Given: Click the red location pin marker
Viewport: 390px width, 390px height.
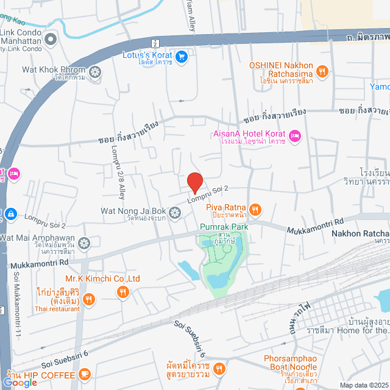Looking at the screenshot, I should [194, 182].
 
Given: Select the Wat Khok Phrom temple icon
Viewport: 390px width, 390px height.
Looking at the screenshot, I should [95, 73].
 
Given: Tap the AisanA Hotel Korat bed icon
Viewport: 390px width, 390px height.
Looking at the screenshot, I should [295, 135].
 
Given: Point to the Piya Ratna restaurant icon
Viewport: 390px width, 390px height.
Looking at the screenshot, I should [255, 210].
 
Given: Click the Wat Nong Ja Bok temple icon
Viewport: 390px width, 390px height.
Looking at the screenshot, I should [175, 212].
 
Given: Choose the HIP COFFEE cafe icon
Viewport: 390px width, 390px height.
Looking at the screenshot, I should [84, 373].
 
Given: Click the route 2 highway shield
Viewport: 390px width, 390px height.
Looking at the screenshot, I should [155, 43].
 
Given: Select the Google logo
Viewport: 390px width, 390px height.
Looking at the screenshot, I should [20, 382].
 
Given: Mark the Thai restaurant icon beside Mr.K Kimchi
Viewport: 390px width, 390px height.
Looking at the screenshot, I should [89, 299].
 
